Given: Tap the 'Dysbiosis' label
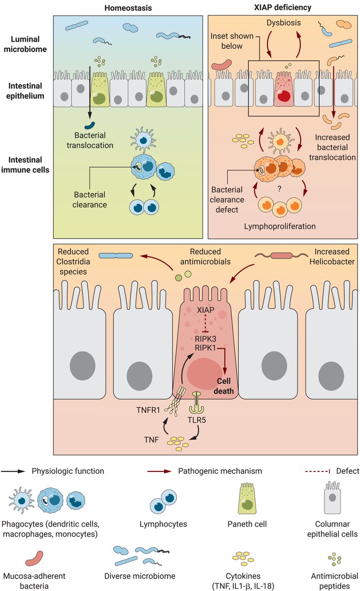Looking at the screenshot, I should point(283,23).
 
